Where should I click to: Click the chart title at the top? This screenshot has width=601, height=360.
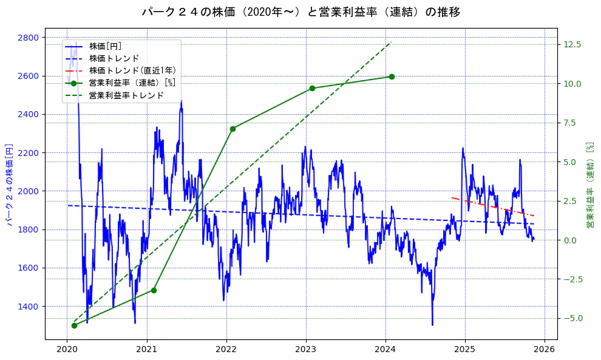pos(300,12)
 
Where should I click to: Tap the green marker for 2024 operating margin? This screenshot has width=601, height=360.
pos(392,76)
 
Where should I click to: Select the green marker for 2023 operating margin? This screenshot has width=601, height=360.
pos(312,88)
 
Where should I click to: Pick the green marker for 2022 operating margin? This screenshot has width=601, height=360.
pos(233,129)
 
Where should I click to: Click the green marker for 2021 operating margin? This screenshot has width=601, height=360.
pos(154,290)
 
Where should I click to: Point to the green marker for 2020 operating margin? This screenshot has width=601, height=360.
pos(74,325)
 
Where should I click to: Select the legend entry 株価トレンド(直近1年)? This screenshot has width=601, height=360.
pos(132,70)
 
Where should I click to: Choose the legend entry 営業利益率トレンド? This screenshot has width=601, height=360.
pos(126,95)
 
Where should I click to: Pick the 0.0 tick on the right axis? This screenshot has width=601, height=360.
pos(572,240)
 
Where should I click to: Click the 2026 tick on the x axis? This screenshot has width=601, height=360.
pos(545,349)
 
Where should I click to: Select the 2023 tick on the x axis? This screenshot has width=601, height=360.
pos(306,349)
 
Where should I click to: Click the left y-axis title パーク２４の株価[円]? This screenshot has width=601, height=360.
pos(9,185)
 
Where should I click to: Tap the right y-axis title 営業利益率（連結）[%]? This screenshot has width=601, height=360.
pos(589,185)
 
